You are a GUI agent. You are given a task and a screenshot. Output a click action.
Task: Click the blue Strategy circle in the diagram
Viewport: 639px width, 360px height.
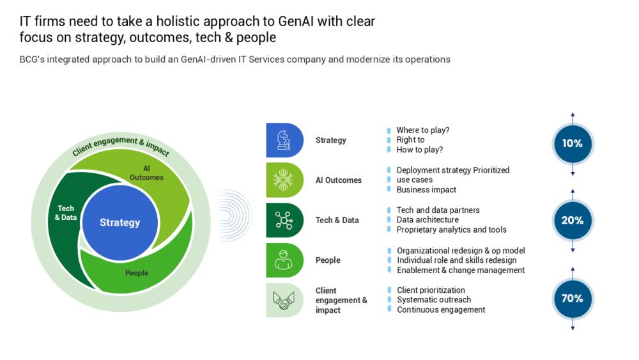119,223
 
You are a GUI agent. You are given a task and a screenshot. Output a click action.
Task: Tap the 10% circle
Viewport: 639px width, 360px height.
573,144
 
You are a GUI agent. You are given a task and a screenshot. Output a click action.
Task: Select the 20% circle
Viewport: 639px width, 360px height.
573,221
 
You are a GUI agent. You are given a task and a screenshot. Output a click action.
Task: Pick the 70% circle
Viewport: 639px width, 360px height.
573,299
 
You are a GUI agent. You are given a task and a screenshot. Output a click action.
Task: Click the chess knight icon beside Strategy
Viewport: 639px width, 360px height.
284,140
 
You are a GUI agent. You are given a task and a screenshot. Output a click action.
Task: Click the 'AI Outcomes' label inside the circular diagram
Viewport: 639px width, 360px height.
146,173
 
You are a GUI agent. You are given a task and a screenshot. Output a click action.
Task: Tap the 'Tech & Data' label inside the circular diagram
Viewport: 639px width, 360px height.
66,213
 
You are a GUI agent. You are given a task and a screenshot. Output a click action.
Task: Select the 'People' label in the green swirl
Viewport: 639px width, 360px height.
137,273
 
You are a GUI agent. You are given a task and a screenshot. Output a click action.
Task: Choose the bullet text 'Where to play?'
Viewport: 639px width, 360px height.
422,130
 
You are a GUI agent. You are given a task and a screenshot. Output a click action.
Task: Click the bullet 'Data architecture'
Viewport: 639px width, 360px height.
427,220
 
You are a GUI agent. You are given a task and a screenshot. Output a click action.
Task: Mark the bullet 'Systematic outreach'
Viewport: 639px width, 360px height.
434,300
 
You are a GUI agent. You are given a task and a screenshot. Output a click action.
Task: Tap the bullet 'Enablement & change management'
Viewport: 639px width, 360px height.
461,270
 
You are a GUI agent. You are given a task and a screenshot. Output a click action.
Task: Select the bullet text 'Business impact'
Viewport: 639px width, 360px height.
426,190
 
